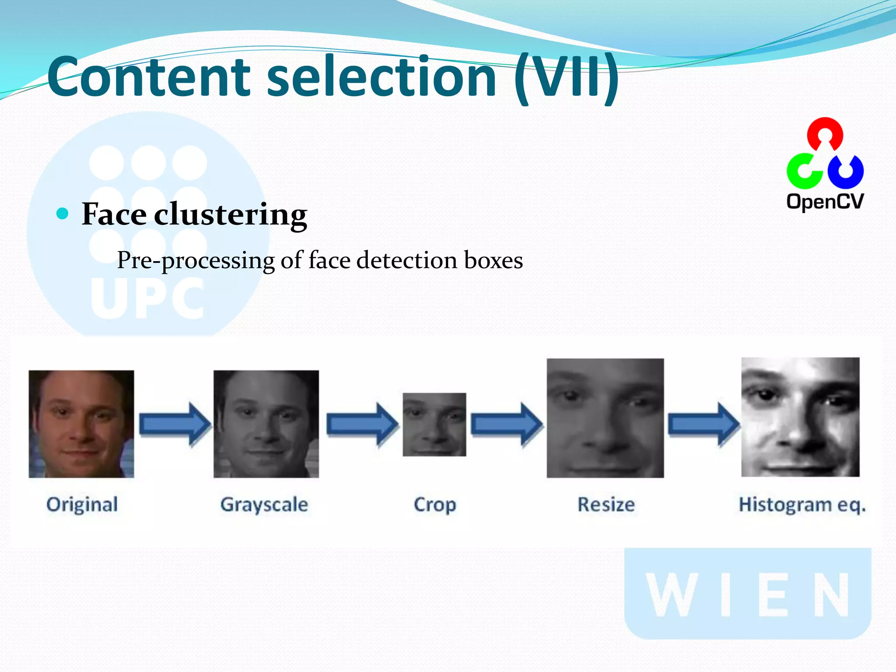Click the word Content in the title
pyautogui.click(x=149, y=77)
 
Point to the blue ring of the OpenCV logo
pyautogui.click(x=846, y=171)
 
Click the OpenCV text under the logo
pyautogui.click(x=825, y=202)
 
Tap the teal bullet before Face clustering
pyautogui.click(x=63, y=214)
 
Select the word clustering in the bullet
pyautogui.click(x=231, y=215)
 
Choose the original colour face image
pyautogui.click(x=81, y=424)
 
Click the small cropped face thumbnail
pyautogui.click(x=434, y=424)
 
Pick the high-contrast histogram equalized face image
pyautogui.click(x=800, y=417)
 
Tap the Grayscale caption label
pyautogui.click(x=264, y=505)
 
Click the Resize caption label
pyautogui.click(x=606, y=505)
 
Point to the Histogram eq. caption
pyautogui.click(x=802, y=505)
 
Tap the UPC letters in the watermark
pyautogui.click(x=147, y=298)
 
